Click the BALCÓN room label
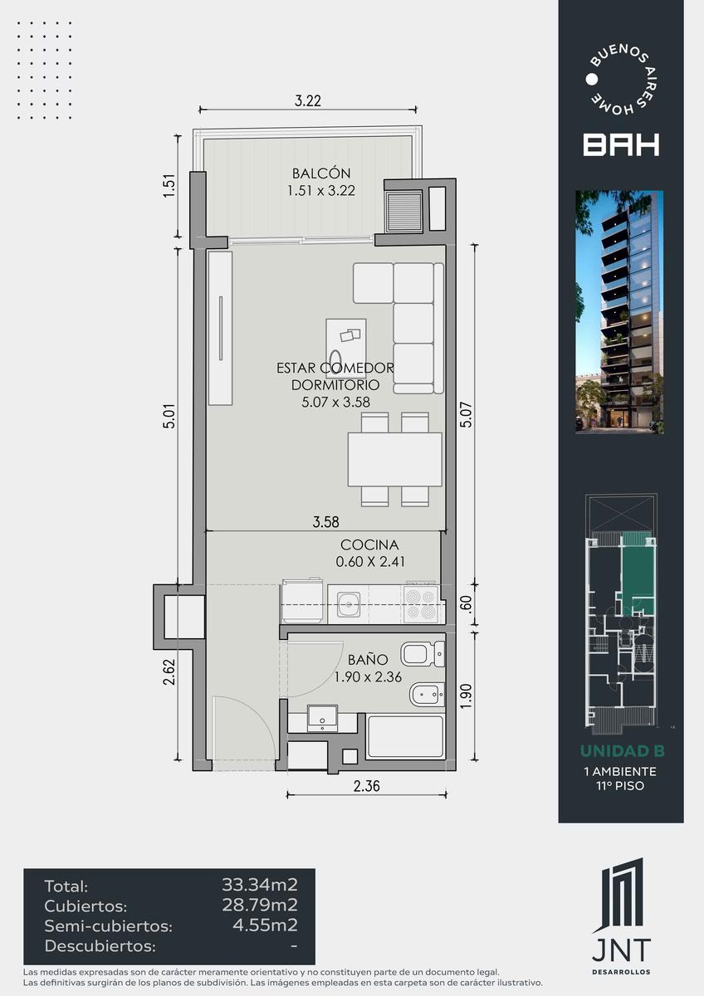321,173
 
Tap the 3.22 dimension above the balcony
308,101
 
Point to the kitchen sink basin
348,604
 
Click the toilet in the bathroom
423,654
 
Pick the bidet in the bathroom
427,695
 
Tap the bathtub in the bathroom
406,736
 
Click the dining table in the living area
395,459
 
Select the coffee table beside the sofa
346,348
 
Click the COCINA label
369,544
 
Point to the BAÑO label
369,659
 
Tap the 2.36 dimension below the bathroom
367,786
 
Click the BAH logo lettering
621,144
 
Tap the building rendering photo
619,312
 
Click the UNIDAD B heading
622,751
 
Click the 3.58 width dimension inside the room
325,522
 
